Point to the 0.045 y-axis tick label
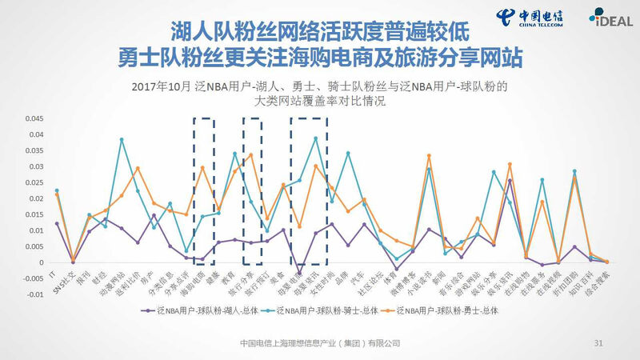(x=32, y=118)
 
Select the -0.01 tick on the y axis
(x=33, y=294)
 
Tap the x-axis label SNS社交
(x=66, y=280)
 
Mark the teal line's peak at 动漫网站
(x=122, y=139)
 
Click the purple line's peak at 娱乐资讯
(x=510, y=181)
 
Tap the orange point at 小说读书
(x=429, y=155)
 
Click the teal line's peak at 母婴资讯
(x=316, y=138)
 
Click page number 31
(x=598, y=342)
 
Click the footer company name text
(x=320, y=342)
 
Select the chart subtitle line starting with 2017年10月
(x=320, y=86)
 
